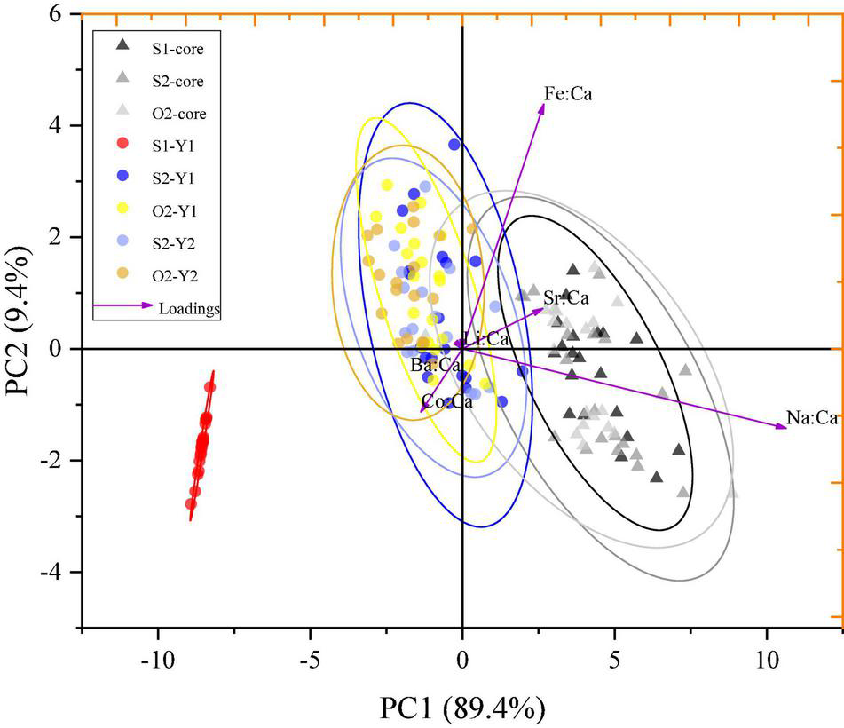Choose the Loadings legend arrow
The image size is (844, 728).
pos(123,306)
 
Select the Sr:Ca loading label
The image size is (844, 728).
pos(566,298)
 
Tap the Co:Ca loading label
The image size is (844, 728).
pos(446,401)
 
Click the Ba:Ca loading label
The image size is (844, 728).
pos(435,365)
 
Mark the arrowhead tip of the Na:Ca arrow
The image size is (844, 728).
pos(786,428)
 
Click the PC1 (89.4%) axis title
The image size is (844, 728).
pos(461,708)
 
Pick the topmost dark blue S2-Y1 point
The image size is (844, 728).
pos(454,145)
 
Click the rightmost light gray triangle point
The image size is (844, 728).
pos(732,493)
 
